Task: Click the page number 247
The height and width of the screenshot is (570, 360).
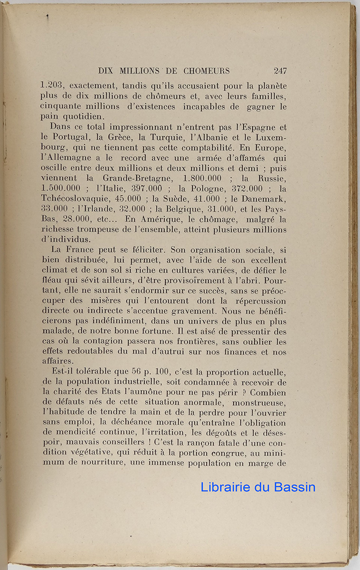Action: pos(280,71)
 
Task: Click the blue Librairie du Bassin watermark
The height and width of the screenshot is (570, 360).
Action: pos(258,487)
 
